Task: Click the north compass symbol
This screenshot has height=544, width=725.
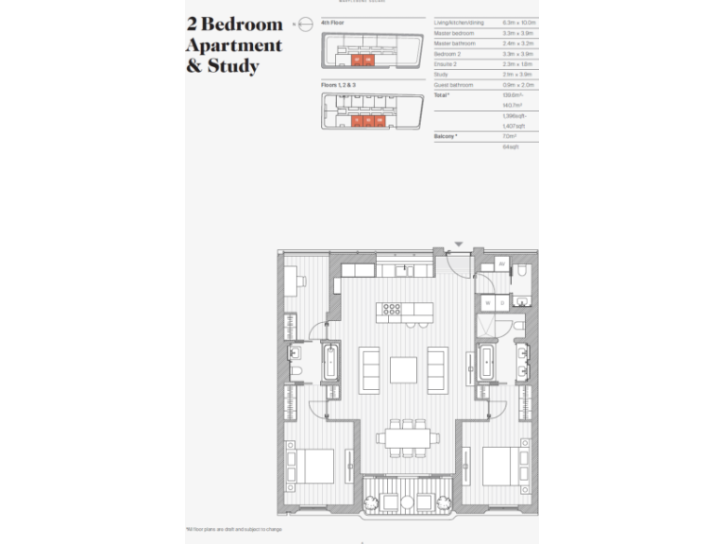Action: point(304,25)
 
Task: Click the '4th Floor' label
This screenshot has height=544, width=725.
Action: point(332,22)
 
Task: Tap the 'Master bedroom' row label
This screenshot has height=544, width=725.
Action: point(453,33)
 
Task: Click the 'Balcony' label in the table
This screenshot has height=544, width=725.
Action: point(446,136)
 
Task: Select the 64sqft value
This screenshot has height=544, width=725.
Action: point(485,146)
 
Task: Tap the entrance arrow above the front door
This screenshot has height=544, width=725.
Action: point(459,245)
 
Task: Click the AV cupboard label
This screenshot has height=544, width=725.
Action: point(501,263)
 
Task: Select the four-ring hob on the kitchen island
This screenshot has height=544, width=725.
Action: point(391,308)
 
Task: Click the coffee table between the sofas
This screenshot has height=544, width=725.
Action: point(403,369)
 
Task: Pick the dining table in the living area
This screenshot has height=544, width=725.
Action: point(408,437)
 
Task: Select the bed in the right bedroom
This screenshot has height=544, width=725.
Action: point(502,466)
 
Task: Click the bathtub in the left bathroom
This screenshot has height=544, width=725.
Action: point(330,363)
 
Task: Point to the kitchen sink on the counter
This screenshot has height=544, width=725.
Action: point(407,271)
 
